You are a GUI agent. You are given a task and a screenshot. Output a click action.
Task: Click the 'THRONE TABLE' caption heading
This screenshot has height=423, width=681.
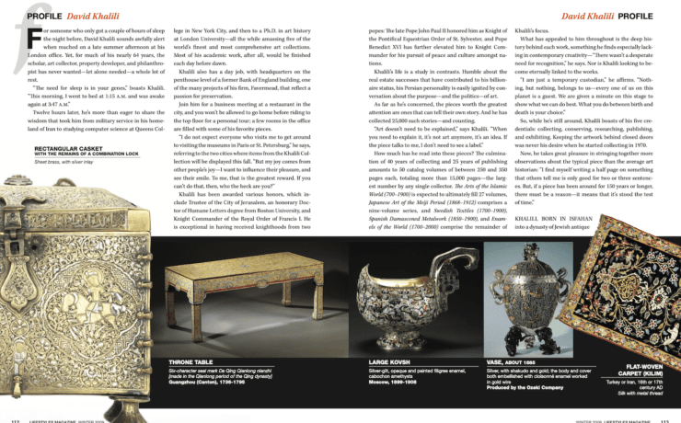tap(190, 364)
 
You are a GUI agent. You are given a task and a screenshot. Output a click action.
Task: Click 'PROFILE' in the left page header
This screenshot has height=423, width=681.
tap(44, 16)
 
